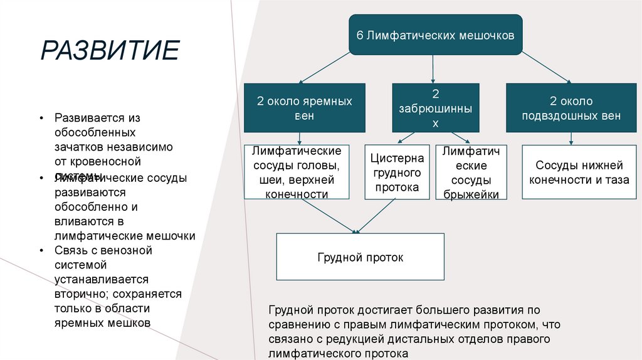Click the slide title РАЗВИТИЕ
(x=110, y=50)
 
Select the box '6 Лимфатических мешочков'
(x=435, y=35)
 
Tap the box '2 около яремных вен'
(x=304, y=108)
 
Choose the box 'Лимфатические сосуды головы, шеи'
(x=297, y=172)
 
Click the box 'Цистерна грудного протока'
(x=397, y=172)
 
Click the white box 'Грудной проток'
(x=360, y=257)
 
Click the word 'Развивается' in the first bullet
(x=85, y=118)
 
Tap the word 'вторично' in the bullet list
(x=81, y=294)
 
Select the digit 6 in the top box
(x=360, y=35)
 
